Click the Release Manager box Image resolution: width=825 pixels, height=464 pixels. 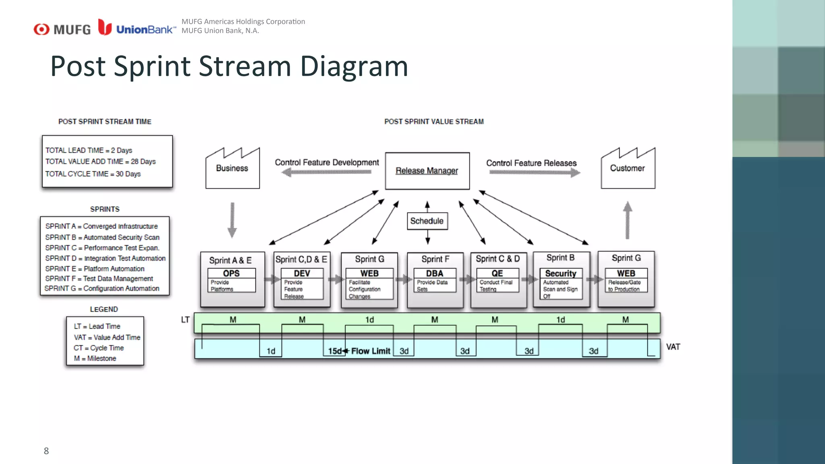click(x=427, y=171)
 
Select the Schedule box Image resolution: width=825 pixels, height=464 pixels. click(x=427, y=221)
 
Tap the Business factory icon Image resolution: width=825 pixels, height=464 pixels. click(x=232, y=168)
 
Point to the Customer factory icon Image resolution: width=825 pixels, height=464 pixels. click(x=628, y=168)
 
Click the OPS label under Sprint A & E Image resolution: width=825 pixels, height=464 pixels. click(x=231, y=273)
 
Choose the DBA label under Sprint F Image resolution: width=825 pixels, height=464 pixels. click(x=435, y=273)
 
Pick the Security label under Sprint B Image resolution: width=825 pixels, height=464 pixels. click(x=561, y=273)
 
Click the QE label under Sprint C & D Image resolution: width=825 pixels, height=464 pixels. click(x=497, y=273)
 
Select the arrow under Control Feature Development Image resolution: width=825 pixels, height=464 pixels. click(x=326, y=172)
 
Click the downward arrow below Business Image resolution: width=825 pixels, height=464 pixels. click(x=232, y=220)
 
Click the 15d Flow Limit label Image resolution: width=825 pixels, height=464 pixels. click(x=359, y=351)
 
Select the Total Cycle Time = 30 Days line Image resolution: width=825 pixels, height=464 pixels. click(x=93, y=174)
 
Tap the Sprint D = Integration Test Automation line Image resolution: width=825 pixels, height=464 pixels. click(x=105, y=258)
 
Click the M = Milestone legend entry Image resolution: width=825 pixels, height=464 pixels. click(x=95, y=358)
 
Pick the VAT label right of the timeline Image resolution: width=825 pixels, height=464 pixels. click(x=673, y=347)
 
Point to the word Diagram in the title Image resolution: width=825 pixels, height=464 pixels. click(x=354, y=66)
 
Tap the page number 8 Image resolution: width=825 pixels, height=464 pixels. click(x=46, y=451)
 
